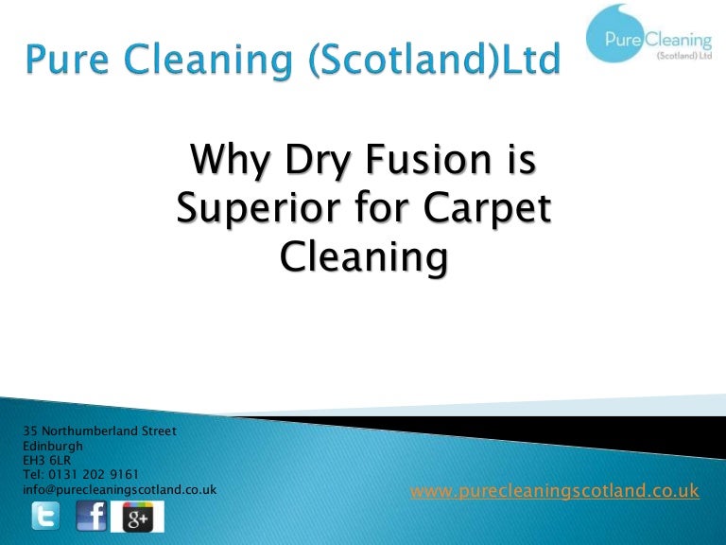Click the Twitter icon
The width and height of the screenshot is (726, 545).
click(x=45, y=516)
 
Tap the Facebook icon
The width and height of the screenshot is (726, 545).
click(x=91, y=516)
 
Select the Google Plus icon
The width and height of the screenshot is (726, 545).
click(x=137, y=517)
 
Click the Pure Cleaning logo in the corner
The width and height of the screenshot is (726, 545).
click(x=649, y=34)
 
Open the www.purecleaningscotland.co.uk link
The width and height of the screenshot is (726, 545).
click(x=555, y=490)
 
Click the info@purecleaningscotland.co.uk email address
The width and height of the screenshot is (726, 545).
click(x=119, y=490)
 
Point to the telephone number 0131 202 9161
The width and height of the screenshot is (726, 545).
click(x=94, y=475)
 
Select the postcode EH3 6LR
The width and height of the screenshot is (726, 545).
click(x=46, y=460)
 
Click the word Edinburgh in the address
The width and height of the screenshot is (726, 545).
click(x=53, y=447)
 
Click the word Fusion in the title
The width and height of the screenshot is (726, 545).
click(x=428, y=159)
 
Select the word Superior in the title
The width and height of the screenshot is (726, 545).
click(x=259, y=210)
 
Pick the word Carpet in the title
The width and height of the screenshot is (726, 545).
click(x=487, y=209)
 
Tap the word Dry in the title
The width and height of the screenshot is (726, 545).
click(x=318, y=160)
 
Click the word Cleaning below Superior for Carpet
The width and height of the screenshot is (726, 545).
click(x=364, y=258)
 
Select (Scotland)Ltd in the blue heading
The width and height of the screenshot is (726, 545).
click(x=434, y=61)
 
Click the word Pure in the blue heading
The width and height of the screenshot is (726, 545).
click(x=67, y=59)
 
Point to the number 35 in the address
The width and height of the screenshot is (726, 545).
click(x=30, y=431)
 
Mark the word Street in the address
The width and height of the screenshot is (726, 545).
click(x=159, y=431)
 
